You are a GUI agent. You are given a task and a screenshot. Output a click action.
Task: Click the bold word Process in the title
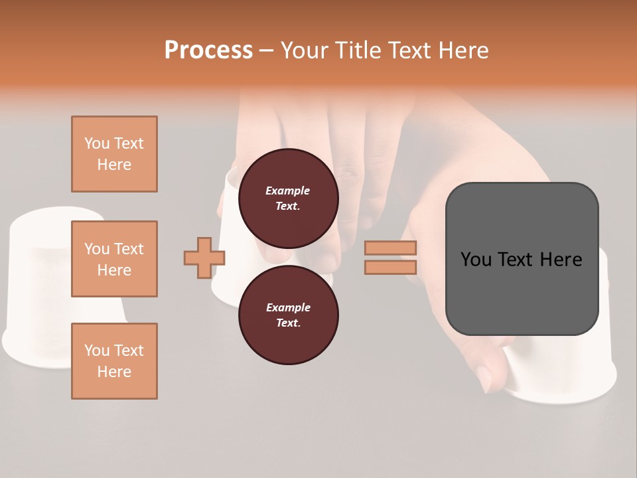(x=208, y=50)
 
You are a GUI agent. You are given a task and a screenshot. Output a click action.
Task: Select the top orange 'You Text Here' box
(x=114, y=154)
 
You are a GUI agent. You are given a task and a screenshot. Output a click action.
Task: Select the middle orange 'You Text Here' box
(x=114, y=259)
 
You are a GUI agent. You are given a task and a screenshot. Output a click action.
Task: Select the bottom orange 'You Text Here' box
(x=114, y=361)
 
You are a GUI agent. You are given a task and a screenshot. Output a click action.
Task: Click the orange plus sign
(x=204, y=258)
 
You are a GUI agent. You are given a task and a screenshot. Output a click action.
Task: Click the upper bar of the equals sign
(x=390, y=248)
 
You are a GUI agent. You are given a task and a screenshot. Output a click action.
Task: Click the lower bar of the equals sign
(x=390, y=267)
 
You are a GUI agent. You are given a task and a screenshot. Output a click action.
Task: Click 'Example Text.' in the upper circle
(x=288, y=199)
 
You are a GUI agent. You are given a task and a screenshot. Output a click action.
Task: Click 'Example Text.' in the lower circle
(x=288, y=315)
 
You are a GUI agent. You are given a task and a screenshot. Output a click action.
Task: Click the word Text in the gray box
(x=519, y=260)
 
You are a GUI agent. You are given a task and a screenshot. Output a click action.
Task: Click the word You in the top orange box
(x=97, y=143)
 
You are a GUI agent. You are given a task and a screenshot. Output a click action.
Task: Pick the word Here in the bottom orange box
(x=114, y=372)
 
